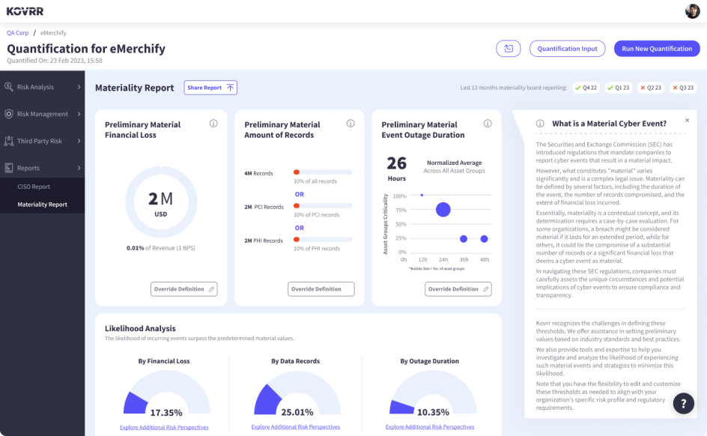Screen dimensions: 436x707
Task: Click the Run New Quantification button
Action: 657,49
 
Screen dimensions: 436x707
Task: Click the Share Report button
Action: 210,88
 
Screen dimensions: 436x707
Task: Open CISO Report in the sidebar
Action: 34,187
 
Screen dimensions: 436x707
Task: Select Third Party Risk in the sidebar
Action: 39,141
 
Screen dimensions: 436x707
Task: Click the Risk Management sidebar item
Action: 42,114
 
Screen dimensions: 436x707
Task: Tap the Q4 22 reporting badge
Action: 586,88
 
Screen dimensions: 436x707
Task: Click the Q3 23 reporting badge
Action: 682,88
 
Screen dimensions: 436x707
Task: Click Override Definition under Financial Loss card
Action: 183,289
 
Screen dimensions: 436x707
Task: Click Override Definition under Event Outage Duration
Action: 458,289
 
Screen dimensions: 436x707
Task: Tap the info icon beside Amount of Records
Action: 351,124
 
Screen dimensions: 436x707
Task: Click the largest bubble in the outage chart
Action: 443,210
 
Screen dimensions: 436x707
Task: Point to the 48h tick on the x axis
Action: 485,259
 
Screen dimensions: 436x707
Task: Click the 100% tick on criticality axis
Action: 399,196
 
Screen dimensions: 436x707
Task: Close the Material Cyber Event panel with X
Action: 688,120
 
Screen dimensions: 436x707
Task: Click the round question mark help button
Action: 683,403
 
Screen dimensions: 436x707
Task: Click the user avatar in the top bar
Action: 692,11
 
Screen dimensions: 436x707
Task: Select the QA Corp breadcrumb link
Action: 17,33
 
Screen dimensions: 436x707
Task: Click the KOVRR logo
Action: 25,11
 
